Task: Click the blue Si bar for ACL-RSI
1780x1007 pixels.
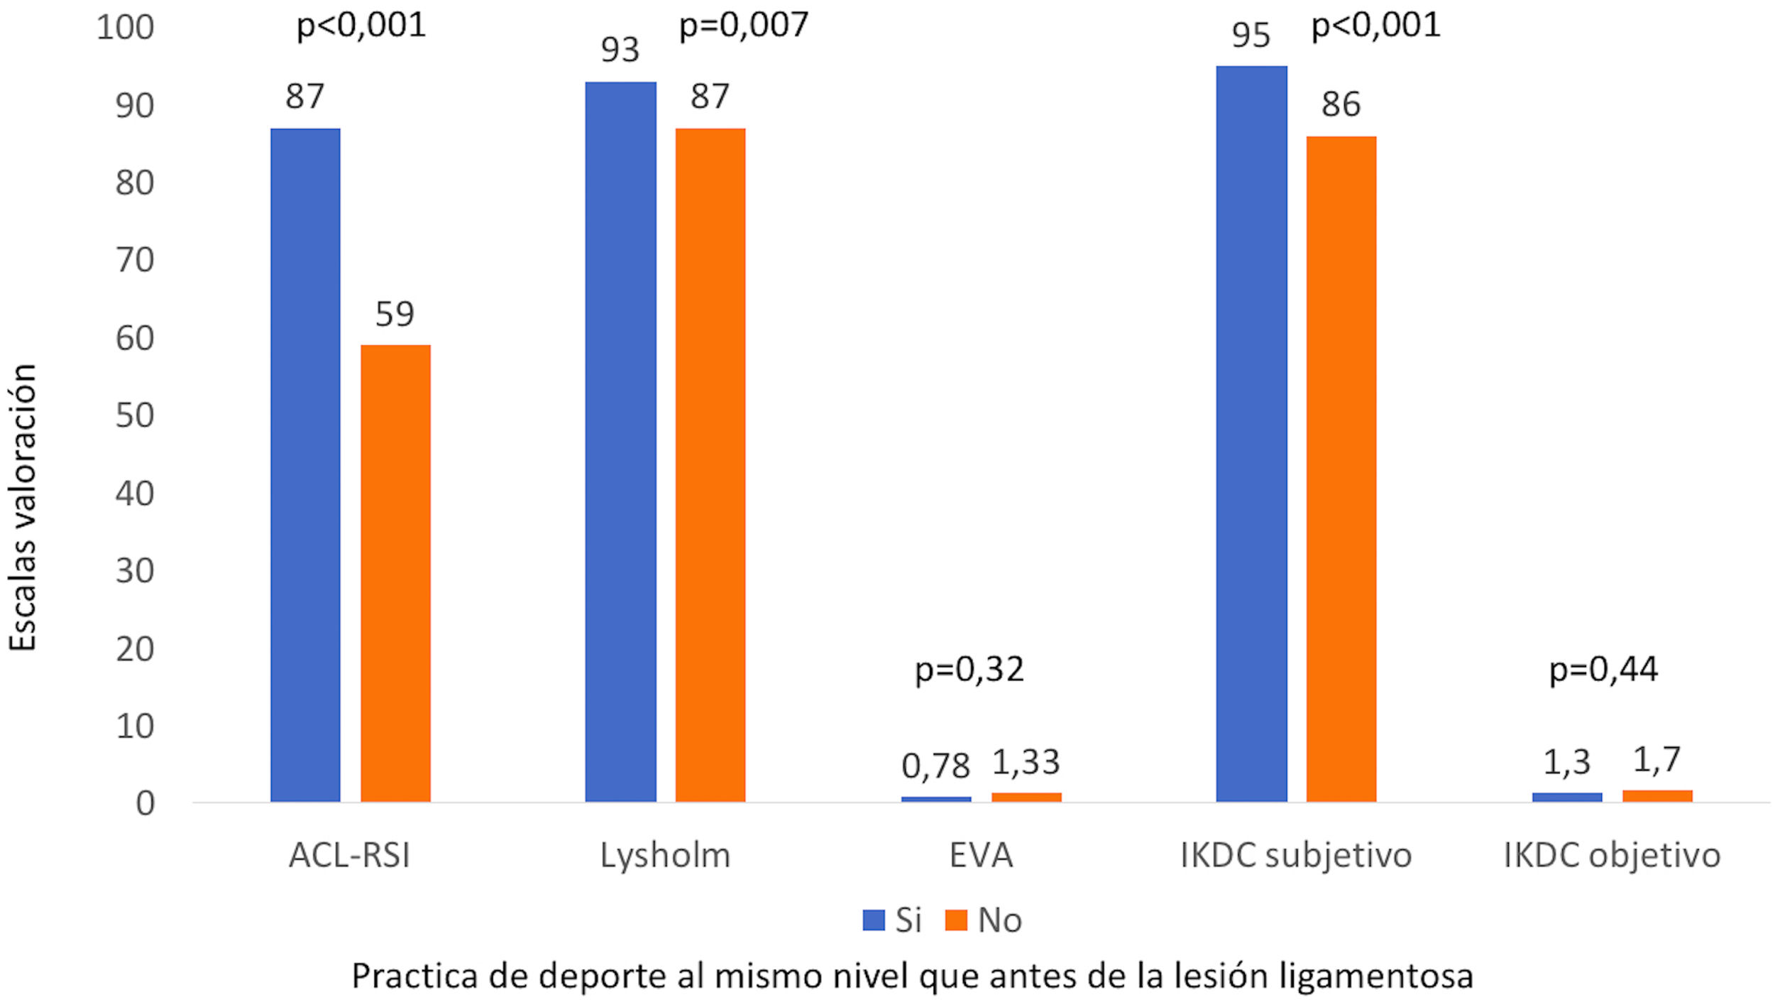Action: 305,465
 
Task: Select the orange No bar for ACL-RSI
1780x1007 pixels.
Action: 395,573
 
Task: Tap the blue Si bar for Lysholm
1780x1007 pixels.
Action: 620,442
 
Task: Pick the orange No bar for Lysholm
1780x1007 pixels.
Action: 710,465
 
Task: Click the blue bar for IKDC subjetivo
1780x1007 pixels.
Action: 1251,434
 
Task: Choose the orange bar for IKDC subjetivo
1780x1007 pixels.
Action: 1341,469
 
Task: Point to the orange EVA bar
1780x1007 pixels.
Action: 1026,797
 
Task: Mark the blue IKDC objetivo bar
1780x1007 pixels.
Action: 1567,797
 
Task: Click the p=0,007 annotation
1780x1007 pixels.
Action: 743,26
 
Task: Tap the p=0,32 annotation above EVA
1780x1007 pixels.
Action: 969,669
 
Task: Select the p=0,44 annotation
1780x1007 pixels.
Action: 1603,669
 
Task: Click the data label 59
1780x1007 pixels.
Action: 395,314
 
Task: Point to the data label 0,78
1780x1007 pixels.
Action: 935,766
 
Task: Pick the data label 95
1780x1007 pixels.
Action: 1251,36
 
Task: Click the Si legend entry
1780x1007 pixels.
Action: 893,920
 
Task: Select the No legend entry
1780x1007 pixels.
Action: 985,920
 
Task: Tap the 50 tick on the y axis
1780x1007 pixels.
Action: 135,415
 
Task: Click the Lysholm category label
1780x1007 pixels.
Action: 665,856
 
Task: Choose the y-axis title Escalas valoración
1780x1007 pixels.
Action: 23,508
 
